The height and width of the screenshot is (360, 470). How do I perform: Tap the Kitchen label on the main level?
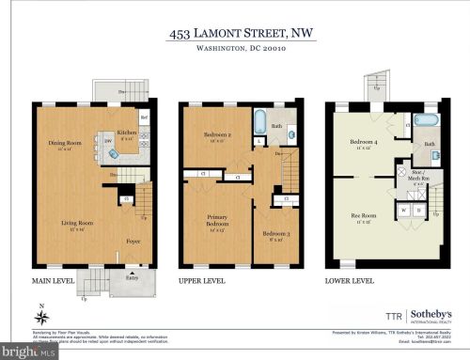(x=127, y=133)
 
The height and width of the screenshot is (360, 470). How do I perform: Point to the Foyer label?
(x=133, y=242)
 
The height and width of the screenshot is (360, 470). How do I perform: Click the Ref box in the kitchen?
(x=145, y=117)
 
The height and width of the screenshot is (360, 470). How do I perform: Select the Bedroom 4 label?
(x=364, y=144)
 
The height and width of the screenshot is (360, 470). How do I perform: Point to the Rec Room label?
(x=365, y=220)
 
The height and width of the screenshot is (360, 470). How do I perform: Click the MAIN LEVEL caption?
(x=54, y=280)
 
